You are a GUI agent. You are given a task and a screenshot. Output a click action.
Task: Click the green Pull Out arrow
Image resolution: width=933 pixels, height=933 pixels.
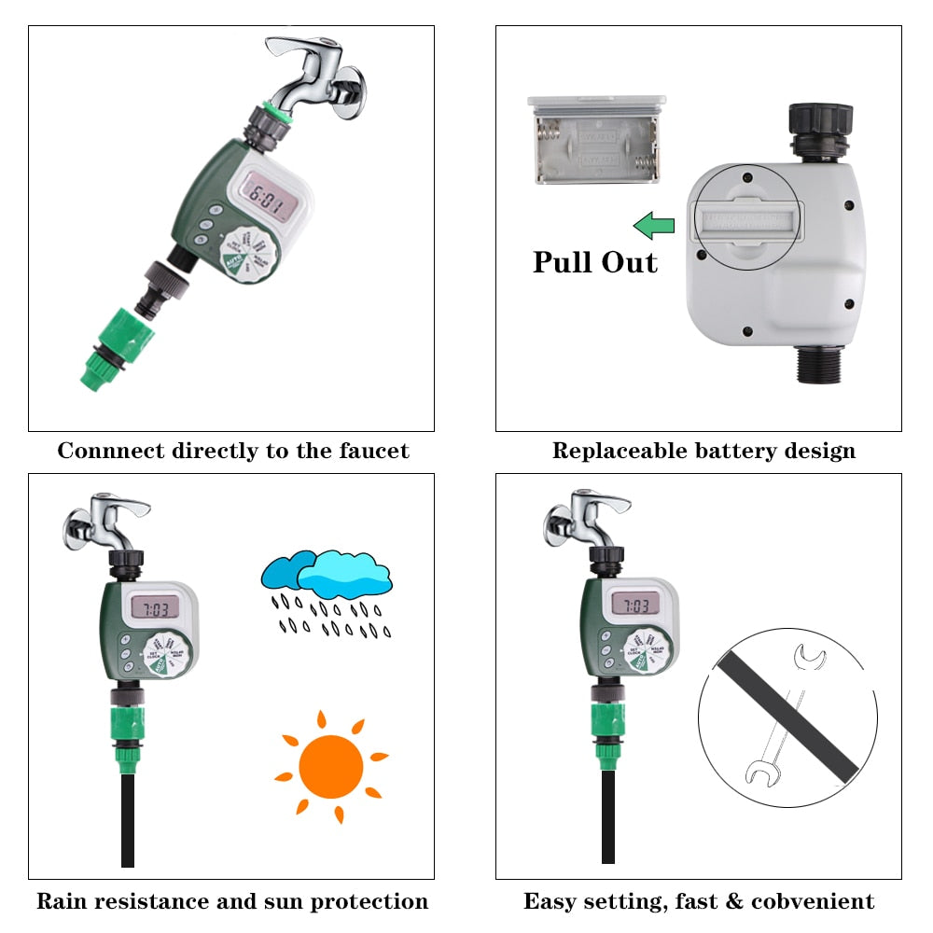(653, 225)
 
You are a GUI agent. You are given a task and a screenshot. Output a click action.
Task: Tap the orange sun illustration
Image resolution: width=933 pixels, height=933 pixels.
(331, 767)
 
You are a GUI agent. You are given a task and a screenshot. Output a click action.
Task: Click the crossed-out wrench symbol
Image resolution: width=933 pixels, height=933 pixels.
(787, 717)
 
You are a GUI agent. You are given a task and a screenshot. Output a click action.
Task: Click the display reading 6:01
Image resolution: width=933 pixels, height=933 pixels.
(265, 198)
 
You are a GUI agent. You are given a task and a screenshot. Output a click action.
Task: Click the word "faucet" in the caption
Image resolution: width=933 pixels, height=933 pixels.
(371, 452)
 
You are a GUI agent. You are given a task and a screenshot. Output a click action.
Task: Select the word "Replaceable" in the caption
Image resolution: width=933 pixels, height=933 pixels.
(619, 452)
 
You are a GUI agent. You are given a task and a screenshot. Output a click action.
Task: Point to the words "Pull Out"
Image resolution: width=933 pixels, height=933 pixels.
(595, 262)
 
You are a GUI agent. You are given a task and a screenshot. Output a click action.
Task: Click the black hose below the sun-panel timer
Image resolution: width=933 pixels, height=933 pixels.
(128, 821)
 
